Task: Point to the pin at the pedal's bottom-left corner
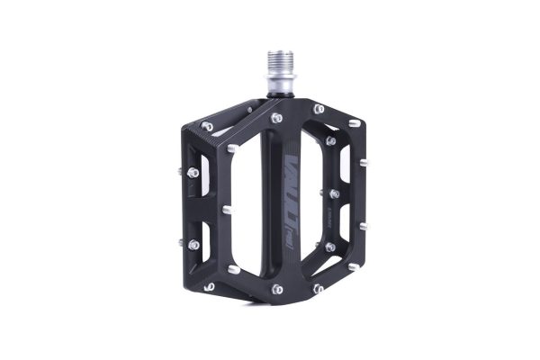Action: (209, 288)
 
